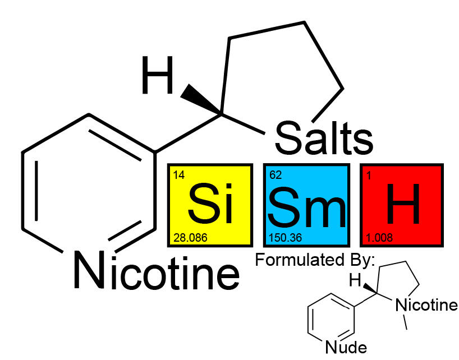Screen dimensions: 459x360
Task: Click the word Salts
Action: pyautogui.click(x=324, y=138)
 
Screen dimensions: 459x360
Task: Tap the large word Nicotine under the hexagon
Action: pyautogui.click(x=157, y=271)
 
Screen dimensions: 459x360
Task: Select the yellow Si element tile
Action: pyautogui.click(x=210, y=205)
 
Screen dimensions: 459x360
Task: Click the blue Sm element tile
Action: pyautogui.click(x=306, y=205)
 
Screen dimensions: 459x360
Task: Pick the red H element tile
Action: pyautogui.click(x=402, y=205)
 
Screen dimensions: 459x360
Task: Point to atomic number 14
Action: pyautogui.click(x=178, y=175)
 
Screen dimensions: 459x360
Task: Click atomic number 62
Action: pyautogui.click(x=276, y=175)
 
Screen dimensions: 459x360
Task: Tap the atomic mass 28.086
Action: pyautogui.click(x=190, y=238)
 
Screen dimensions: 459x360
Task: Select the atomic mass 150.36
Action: pyautogui.click(x=286, y=238)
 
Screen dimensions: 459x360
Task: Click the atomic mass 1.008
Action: pyautogui.click(x=379, y=238)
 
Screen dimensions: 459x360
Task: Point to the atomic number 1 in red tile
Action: pyautogui.click(x=369, y=176)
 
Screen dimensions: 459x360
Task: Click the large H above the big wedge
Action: pyautogui.click(x=157, y=75)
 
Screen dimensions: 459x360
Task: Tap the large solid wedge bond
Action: pyautogui.click(x=201, y=99)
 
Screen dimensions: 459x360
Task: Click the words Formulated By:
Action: pyautogui.click(x=315, y=260)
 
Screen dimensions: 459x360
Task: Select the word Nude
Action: pyautogui.click(x=346, y=347)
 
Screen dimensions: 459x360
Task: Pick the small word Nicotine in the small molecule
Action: pyautogui.click(x=426, y=305)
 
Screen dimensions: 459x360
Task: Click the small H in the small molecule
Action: pyautogui.click(x=355, y=280)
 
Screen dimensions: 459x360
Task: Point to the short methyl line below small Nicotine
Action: pyautogui.click(x=405, y=322)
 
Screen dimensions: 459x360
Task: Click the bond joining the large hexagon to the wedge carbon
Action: pyautogui.click(x=188, y=133)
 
